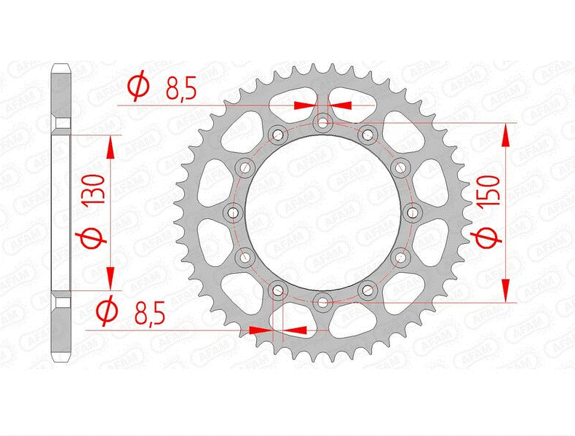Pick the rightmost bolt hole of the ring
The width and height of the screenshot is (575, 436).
tap(412, 212)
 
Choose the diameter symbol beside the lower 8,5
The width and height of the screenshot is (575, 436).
tap(107, 312)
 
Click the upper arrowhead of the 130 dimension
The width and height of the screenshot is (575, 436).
tap(111, 147)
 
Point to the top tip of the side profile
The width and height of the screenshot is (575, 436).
tap(61, 66)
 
